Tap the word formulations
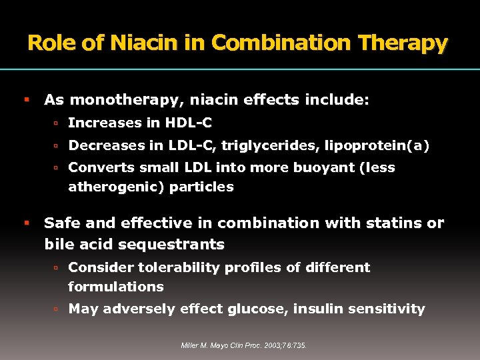115,287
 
